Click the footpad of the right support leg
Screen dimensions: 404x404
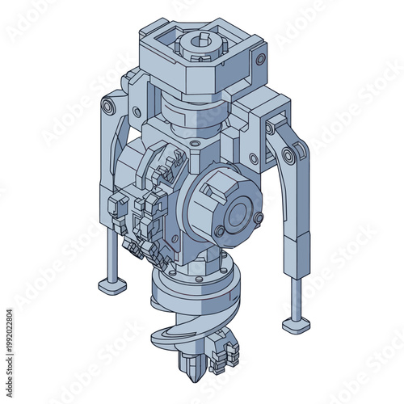point(295,324)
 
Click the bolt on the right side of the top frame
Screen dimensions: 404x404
point(259,60)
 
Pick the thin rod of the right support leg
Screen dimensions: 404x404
point(297,295)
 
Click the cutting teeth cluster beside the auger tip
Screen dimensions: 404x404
point(225,356)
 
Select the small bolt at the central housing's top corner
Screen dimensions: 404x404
point(194,144)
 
